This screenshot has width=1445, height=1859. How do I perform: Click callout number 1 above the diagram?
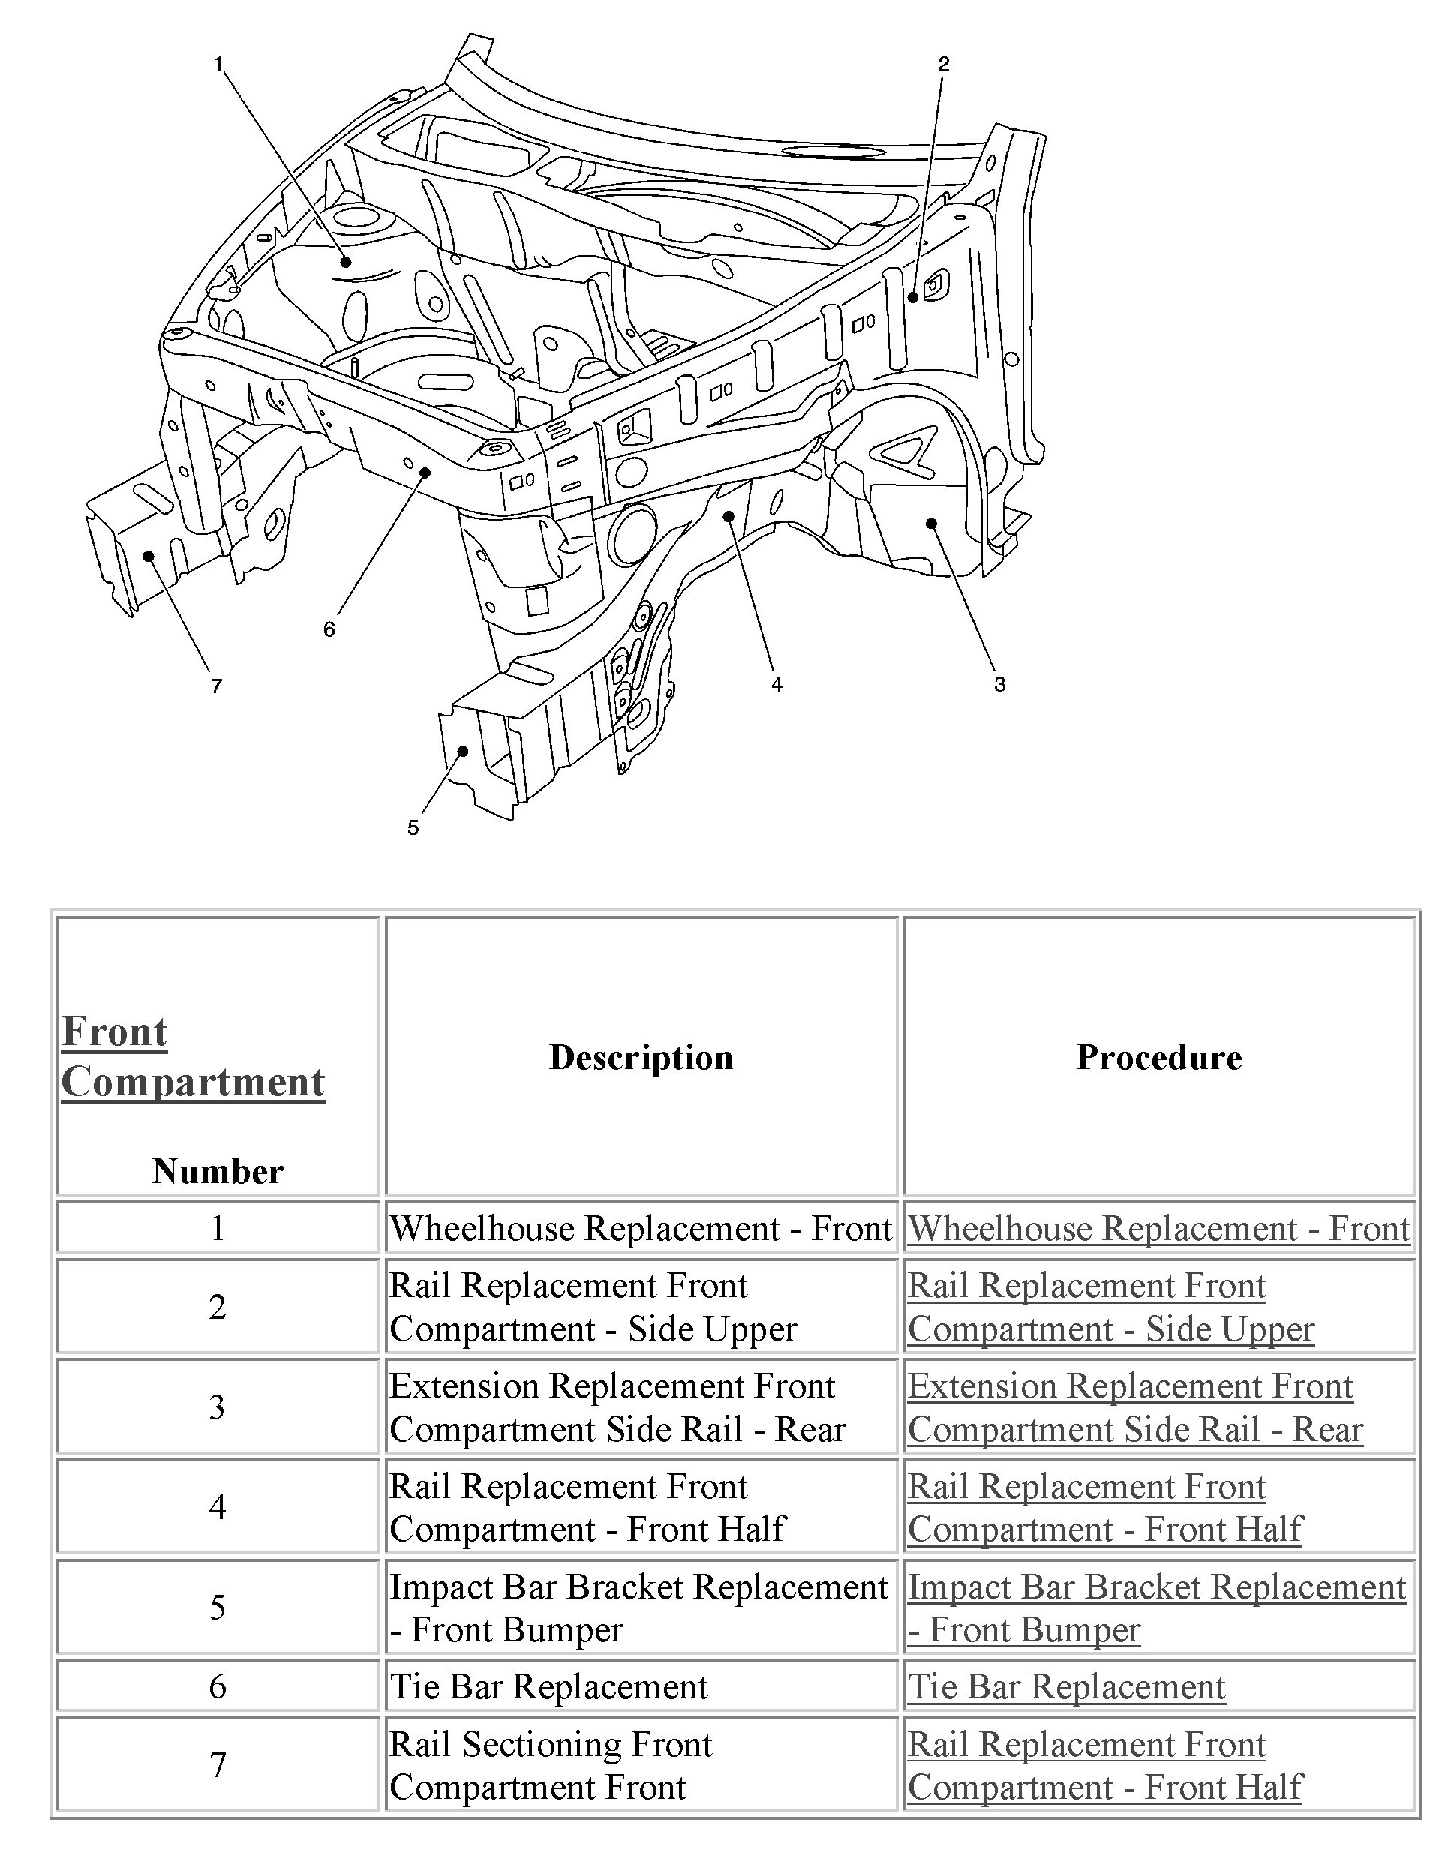pos(219,64)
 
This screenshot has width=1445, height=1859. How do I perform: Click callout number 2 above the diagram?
pos(942,64)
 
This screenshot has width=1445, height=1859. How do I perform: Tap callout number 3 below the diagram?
pos(999,684)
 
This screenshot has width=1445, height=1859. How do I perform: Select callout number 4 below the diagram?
pos(777,684)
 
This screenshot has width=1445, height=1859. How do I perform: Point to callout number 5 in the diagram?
pos(413,828)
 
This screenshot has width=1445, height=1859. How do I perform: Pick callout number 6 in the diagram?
pos(329,630)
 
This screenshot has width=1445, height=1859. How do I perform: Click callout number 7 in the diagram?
pos(216,686)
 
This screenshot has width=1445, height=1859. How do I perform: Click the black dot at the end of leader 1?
pos(347,261)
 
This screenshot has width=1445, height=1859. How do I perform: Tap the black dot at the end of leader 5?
pos(463,751)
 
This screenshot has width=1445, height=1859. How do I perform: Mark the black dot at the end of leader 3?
pos(932,524)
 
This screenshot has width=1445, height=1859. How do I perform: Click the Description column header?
pos(641,1057)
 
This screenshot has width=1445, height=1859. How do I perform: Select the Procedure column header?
pos(1159,1057)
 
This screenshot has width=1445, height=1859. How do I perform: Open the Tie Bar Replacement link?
pos(1066,1686)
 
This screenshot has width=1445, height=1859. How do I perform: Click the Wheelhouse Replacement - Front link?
pos(1159,1228)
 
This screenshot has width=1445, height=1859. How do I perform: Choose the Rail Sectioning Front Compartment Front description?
pos(550,1765)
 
